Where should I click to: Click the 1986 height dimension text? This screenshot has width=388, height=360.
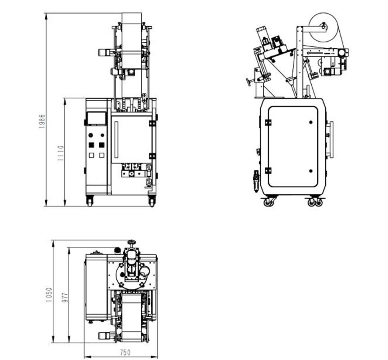click(42, 121)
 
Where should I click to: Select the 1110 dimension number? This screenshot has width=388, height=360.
click(60, 153)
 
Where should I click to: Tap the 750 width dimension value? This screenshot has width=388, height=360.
click(125, 352)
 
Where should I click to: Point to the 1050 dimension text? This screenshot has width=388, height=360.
click(48, 295)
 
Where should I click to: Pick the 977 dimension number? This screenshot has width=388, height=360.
click(65, 297)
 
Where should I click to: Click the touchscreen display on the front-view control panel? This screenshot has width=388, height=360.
click(96, 118)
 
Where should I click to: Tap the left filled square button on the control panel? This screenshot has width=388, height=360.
click(91, 145)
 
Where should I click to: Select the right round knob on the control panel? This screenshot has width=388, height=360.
click(102, 135)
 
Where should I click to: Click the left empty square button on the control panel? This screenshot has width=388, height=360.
click(91, 155)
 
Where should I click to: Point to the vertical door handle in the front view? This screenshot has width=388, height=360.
click(116, 139)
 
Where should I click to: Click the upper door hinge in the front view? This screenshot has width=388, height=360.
click(152, 123)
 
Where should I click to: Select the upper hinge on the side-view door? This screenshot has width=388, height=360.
click(268, 122)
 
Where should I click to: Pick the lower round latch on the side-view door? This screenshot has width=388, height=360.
click(311, 171)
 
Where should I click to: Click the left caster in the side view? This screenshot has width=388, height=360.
click(268, 202)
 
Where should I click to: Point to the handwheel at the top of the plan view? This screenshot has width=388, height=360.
click(131, 242)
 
